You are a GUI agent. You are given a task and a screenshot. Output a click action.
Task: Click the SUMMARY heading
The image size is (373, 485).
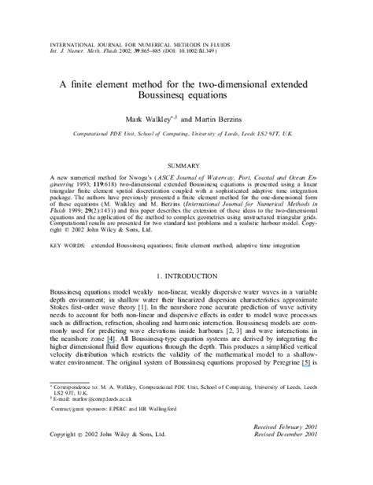click(x=186, y=166)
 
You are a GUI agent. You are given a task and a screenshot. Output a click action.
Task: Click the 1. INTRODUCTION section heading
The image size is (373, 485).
click(x=186, y=276)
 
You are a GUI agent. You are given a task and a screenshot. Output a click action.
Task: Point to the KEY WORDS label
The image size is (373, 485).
click(x=67, y=246)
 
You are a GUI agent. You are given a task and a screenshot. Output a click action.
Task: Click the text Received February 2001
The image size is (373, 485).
click(x=283, y=446)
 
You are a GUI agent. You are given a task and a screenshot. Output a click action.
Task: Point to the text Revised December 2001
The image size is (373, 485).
click(x=285, y=455)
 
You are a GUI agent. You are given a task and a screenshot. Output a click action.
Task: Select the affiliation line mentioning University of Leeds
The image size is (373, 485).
click(x=186, y=136)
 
